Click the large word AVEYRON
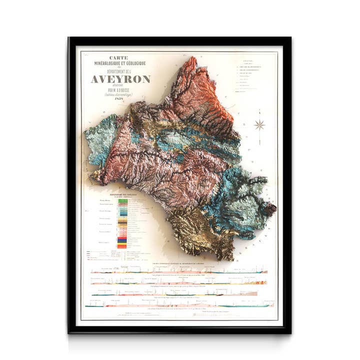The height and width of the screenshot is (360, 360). tap(120, 79)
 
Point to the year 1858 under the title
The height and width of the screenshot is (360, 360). tap(119, 98)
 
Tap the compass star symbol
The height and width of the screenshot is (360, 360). tap(259, 125)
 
